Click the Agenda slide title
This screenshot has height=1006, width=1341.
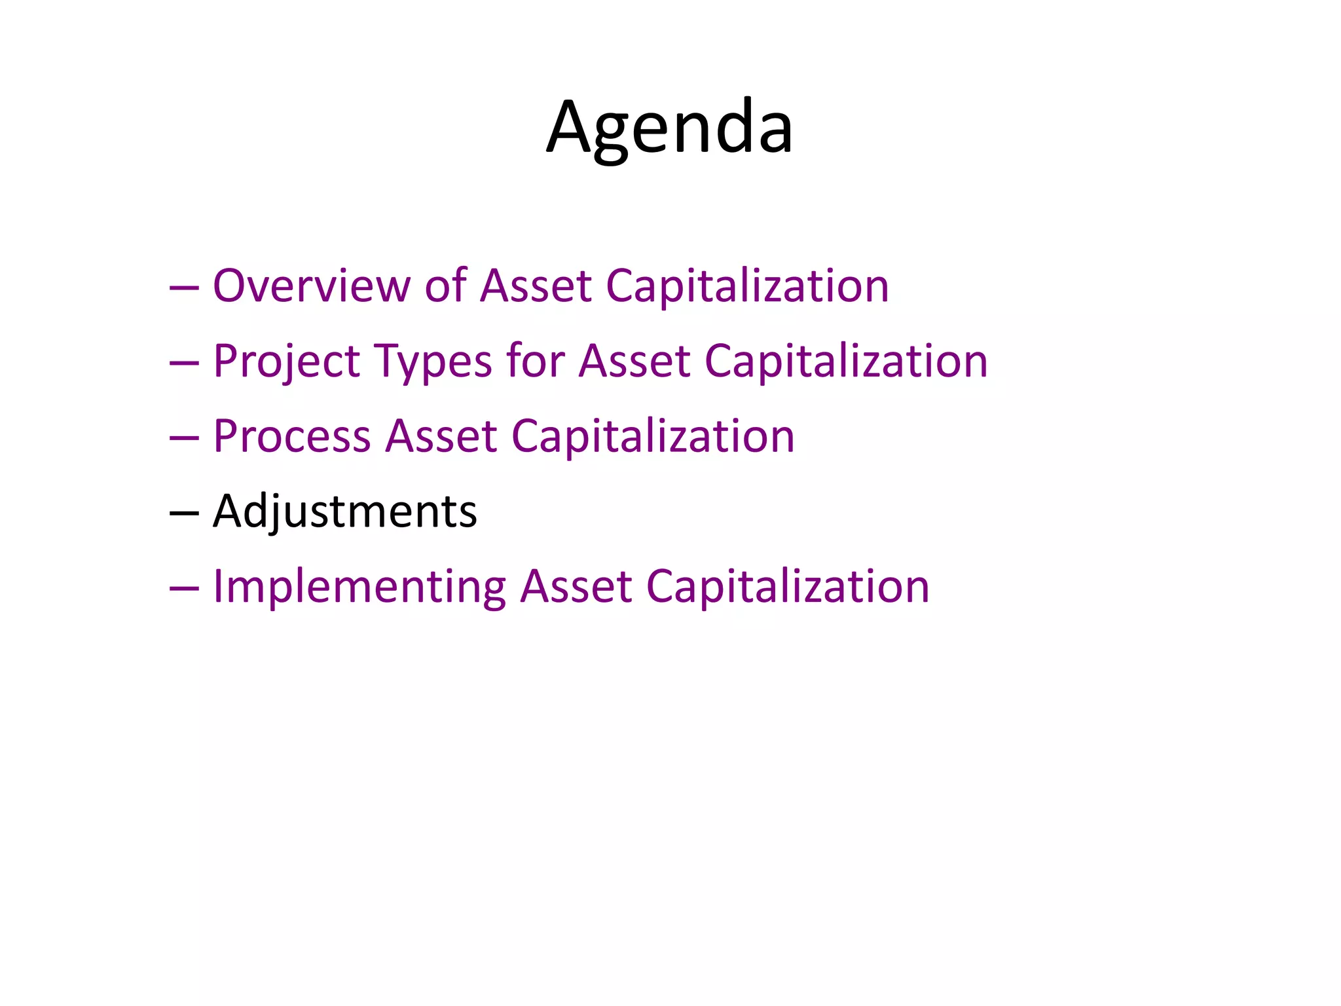[x=670, y=127]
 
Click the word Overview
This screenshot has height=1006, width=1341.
[x=312, y=286]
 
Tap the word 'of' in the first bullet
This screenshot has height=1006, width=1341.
[x=445, y=286]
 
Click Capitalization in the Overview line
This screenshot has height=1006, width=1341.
[x=747, y=286]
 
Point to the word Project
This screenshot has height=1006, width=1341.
[x=287, y=362]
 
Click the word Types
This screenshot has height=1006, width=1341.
[x=433, y=362]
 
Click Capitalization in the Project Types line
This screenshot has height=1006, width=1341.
[x=845, y=362]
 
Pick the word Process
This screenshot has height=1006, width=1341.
[x=291, y=437]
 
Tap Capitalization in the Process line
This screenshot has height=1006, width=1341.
[x=652, y=437]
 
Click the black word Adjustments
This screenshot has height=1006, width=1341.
[x=345, y=512]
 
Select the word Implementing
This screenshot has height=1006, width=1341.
[x=359, y=587]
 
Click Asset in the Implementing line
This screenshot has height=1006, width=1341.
[x=576, y=587]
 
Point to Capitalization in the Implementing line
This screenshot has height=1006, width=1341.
[x=787, y=587]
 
